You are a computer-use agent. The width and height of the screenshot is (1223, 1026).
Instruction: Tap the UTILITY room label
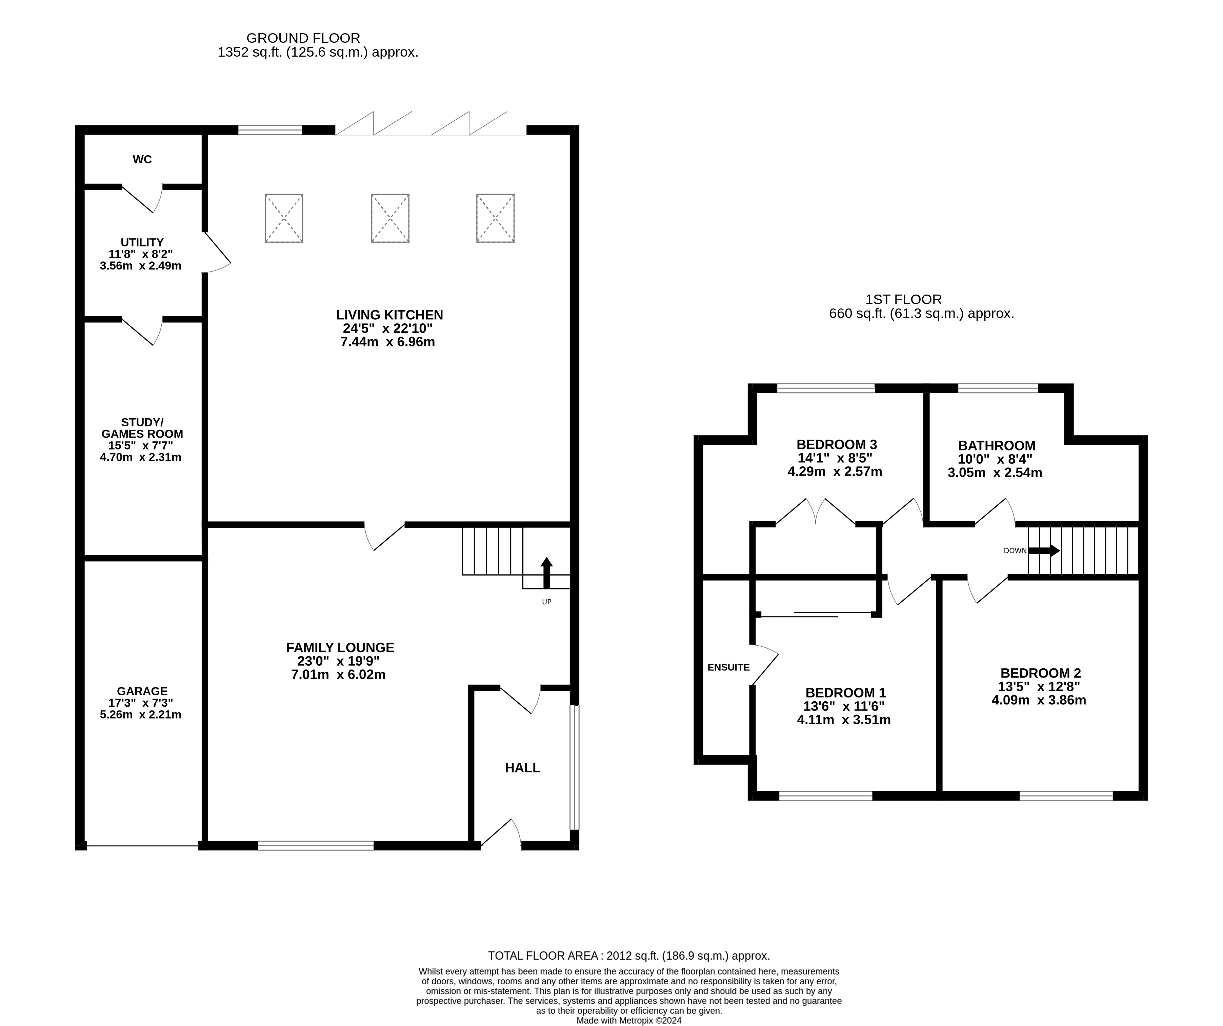tap(142, 242)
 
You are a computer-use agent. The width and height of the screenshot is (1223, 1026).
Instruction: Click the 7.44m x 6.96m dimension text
tap(387, 342)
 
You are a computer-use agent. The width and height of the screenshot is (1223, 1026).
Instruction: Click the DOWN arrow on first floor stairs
tap(1044, 550)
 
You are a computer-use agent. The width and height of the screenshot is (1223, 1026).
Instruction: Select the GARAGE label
tap(142, 691)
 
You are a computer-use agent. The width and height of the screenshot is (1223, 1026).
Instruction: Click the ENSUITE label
tap(728, 667)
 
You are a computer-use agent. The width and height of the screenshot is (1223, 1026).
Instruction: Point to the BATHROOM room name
tap(997, 445)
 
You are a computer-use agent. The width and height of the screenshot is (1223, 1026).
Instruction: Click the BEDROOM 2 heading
tap(1040, 673)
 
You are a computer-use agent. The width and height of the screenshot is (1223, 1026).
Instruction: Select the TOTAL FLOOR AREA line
tap(628, 955)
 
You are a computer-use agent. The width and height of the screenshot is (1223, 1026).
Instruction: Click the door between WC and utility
tap(141, 198)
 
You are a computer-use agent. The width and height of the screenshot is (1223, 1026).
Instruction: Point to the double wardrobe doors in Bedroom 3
tap(815, 512)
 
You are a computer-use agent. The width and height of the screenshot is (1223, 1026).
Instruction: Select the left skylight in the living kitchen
tap(284, 218)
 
